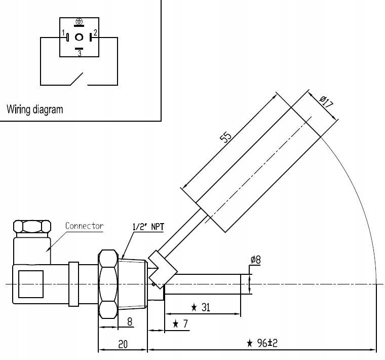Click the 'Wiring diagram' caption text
pos(35,109)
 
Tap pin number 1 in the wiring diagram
pos(64,34)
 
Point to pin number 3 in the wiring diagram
pos(79,53)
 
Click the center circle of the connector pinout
pos(79,37)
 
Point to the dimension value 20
pos(123,344)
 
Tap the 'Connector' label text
pos(84,226)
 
